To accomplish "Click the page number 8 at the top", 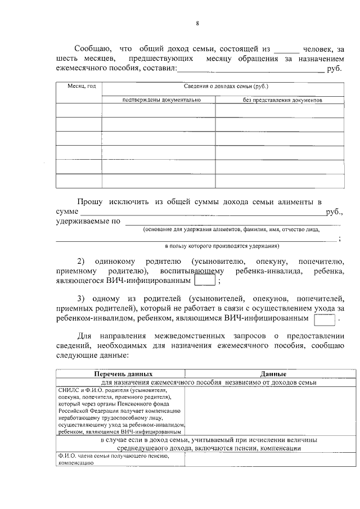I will [x=197, y=23].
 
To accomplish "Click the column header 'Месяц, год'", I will [x=78, y=87].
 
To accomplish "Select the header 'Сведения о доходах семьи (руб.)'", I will [x=226, y=87].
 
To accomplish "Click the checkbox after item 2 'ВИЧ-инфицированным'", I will [x=205, y=280].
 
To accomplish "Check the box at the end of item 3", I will [x=325, y=319].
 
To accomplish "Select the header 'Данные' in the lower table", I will [x=273, y=374].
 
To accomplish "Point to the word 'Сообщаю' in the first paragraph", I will [x=93, y=49].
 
